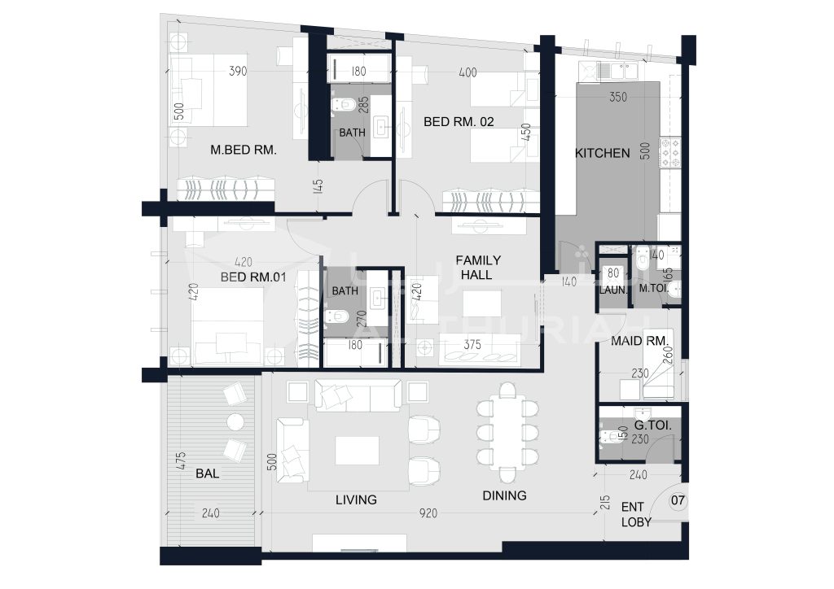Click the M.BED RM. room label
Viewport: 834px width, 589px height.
(243, 150)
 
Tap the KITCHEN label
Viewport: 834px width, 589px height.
(602, 153)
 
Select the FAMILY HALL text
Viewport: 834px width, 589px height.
(477, 267)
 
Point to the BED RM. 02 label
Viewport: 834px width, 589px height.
(459, 122)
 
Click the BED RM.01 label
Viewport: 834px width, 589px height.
(253, 277)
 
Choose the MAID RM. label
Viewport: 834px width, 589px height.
(639, 340)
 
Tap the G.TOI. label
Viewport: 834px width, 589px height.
(652, 425)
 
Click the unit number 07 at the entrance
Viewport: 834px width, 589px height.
(678, 500)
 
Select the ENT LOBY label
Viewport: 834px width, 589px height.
(635, 514)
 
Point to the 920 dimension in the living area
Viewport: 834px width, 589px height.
(428, 513)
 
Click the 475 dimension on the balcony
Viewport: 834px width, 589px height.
(180, 460)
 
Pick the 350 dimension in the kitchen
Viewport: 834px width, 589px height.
(618, 97)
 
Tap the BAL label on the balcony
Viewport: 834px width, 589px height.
(207, 473)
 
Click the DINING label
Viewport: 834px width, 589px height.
(504, 495)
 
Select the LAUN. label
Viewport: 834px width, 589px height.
(613, 290)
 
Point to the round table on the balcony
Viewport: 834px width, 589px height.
(235, 421)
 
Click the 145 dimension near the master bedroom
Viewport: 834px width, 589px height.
(318, 186)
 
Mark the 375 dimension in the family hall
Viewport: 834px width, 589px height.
(472, 345)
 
